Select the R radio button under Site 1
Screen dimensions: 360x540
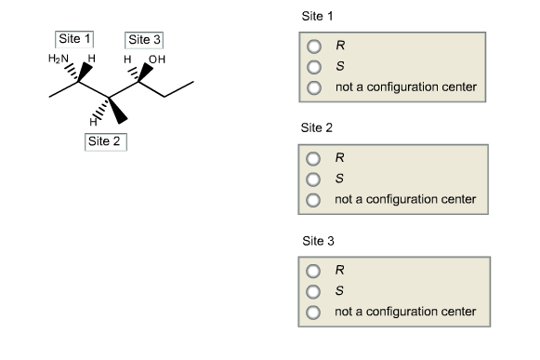(x=314, y=45)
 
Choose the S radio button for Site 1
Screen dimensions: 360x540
(x=314, y=66)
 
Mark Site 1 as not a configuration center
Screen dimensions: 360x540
(x=314, y=87)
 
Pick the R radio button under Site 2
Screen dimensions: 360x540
(x=314, y=156)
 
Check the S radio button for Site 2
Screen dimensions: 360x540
(x=314, y=178)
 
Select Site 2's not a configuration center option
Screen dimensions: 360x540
(x=314, y=199)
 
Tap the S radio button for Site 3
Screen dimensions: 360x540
(x=314, y=289)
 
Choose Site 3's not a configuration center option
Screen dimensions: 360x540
(x=314, y=311)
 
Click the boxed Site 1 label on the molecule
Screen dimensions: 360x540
(x=75, y=39)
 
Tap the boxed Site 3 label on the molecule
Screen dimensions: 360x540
(x=144, y=39)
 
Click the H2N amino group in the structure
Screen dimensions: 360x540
(x=59, y=59)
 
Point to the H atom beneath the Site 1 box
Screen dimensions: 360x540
(x=91, y=59)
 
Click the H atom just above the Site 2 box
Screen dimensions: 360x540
(x=91, y=122)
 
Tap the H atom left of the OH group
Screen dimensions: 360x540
(x=135, y=59)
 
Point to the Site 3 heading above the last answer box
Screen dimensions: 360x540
(x=317, y=240)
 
